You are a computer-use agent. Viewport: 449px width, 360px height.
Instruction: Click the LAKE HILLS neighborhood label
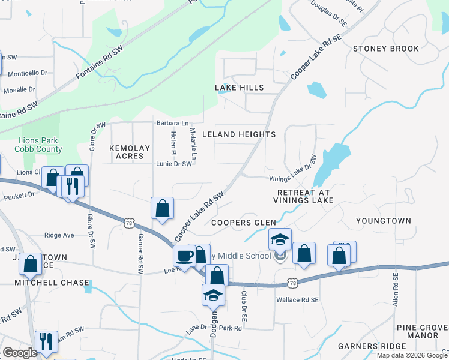[240, 88]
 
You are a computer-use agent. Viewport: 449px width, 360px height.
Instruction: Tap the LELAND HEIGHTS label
[239, 134]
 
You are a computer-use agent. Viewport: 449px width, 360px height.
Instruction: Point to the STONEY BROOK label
[386, 49]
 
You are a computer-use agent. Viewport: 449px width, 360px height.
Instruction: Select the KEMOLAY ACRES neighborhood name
[127, 151]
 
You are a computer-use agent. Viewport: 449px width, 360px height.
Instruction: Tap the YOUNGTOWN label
[384, 221]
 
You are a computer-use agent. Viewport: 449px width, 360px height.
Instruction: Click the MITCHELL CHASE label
[52, 283]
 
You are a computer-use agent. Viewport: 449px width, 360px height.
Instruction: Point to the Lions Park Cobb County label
[41, 145]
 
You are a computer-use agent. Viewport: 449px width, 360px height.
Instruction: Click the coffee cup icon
[184, 256]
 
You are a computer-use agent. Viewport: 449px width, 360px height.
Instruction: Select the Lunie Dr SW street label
[174, 164]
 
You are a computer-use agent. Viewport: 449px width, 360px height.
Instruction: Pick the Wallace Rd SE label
[296, 299]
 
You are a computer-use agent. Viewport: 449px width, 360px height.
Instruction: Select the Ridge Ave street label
[59, 235]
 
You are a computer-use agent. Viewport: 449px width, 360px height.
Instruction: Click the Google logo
[20, 353]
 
